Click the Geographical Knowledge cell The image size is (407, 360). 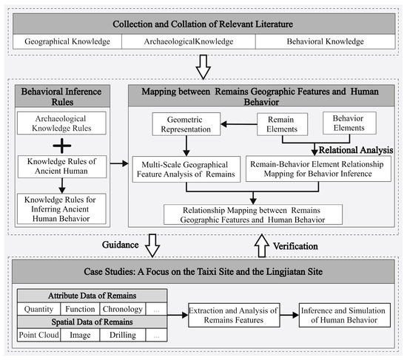(67, 41)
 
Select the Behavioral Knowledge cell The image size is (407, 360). (326, 41)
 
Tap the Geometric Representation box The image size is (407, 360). (186, 124)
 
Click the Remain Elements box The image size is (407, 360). (282, 124)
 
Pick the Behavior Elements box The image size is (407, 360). (349, 123)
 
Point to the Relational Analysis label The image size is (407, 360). (356, 150)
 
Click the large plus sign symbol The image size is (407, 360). (61, 146)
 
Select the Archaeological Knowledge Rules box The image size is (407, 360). (61, 123)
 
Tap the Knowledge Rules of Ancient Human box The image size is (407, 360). (62, 166)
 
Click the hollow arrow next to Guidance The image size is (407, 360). (152, 245)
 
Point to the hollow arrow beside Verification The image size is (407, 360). (262, 245)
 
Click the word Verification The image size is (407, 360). (295, 246)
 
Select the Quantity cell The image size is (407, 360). (38, 309)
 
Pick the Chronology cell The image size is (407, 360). (123, 309)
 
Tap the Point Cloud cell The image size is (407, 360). (38, 335)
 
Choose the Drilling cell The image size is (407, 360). (123, 335)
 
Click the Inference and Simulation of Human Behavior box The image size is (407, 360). (344, 315)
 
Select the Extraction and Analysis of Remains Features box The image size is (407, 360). (234, 315)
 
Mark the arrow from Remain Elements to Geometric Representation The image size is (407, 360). (239, 124)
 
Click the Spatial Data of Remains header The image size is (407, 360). (92, 322)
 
